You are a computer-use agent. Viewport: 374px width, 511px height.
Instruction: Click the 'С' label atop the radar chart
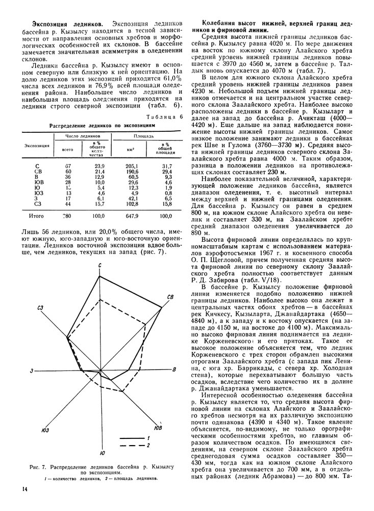(x=99, y=265)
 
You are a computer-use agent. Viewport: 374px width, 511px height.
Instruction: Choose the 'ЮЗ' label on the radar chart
(x=45, y=430)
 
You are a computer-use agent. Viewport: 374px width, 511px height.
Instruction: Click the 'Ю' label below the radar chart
(x=103, y=453)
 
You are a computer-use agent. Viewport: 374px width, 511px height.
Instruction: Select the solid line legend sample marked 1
(x=131, y=438)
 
